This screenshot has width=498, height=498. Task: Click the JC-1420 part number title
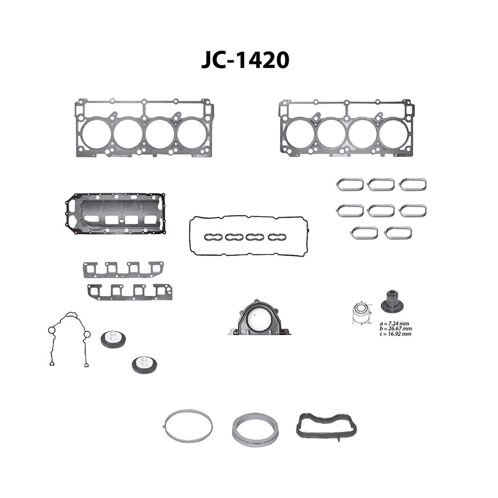coord(245,60)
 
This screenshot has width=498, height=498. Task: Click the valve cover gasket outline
coord(248,216)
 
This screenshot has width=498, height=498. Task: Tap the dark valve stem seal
coord(392,301)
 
